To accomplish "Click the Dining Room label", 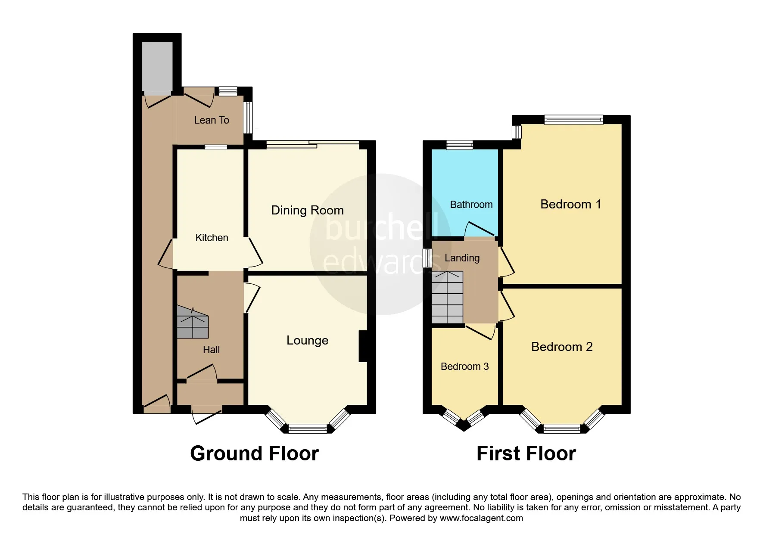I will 307,210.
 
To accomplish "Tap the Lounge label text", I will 307,340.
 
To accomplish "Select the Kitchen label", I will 212,238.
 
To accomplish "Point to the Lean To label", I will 212,120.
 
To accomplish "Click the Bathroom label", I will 471,205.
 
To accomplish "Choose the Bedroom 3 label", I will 464,366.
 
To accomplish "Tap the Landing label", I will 462,258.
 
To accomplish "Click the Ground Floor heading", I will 254,453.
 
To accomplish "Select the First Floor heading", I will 526,453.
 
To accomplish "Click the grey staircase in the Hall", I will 193,323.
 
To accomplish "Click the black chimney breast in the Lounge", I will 363,346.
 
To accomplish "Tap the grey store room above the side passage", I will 157,67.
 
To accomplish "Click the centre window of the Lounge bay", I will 308,428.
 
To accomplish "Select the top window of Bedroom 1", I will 573,120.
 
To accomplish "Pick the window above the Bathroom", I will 459,145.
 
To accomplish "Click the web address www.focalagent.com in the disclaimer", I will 481,518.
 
